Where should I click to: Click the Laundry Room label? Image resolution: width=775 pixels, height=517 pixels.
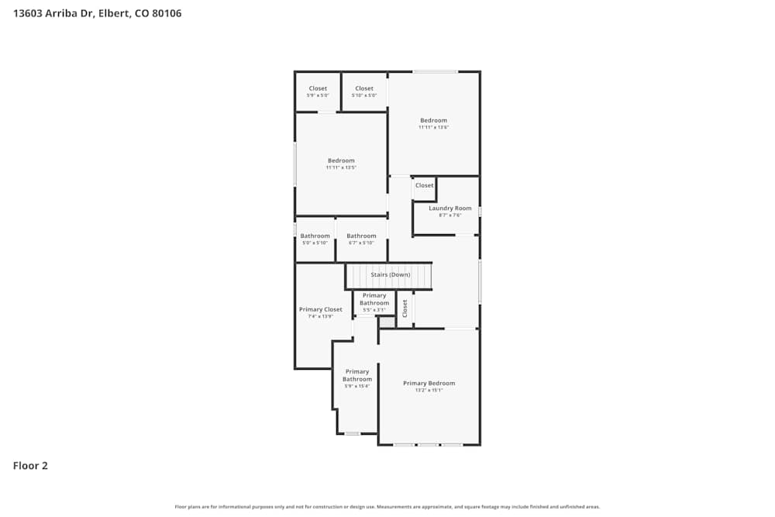(449, 208)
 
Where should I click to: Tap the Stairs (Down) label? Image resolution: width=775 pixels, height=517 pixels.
(390, 274)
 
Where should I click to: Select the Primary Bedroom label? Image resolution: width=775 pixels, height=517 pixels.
(429, 383)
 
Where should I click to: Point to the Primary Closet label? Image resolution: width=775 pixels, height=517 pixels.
(320, 309)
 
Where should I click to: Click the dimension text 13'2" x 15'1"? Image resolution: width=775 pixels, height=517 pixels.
(429, 391)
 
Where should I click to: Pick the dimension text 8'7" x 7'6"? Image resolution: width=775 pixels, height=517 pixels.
(449, 215)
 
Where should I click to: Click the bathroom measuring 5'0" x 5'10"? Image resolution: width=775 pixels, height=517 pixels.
(315, 236)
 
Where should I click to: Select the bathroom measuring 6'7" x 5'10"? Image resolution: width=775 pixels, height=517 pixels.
(361, 236)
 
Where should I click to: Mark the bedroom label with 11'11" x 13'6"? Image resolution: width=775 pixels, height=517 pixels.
(433, 120)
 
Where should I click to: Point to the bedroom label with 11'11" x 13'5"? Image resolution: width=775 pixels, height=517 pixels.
(341, 160)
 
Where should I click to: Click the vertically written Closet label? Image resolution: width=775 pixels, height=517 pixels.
(405, 308)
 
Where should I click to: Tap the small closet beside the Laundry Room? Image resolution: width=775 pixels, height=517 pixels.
(424, 185)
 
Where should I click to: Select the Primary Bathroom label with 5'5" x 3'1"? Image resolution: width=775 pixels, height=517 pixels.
(374, 299)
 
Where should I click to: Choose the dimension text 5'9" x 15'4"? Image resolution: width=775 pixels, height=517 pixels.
(356, 386)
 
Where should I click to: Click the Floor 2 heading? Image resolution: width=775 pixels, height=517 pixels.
(30, 466)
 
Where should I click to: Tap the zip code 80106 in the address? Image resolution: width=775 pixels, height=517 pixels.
(167, 13)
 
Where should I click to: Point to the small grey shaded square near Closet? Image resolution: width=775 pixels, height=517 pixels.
(386, 321)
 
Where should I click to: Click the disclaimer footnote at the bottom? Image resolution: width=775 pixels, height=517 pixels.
(387, 507)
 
